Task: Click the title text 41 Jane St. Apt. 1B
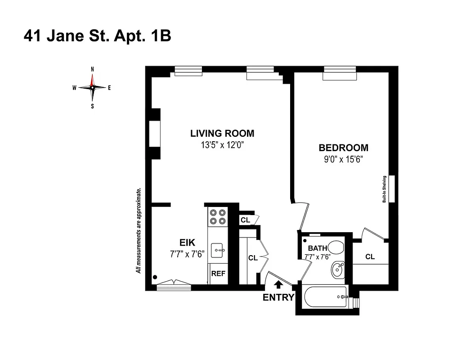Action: (97, 36)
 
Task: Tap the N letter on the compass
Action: (93, 69)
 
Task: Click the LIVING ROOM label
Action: (222, 133)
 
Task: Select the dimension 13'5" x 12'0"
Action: (222, 145)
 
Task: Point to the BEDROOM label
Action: (343, 148)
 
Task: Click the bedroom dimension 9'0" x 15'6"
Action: (344, 159)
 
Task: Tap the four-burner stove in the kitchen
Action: (218, 216)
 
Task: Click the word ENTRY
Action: (278, 297)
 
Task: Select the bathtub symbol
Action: (326, 297)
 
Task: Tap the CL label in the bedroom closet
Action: (370, 256)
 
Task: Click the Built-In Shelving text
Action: (385, 189)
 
